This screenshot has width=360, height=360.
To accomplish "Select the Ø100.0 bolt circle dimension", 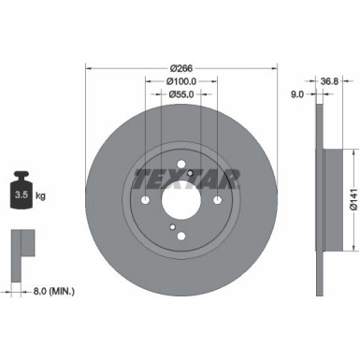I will [x=181, y=80].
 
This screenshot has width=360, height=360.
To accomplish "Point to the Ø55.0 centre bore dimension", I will [x=181, y=95].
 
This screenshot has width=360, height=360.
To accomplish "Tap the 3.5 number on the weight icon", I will [x=22, y=196].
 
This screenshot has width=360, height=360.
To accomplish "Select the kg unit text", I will [x=42, y=197].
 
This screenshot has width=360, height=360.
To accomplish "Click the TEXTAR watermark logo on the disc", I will [x=187, y=178].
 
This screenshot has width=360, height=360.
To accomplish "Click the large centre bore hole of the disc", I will [x=181, y=199].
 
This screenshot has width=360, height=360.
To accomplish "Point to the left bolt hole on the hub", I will [x=146, y=199].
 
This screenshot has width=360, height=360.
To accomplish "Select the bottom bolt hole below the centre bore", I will [x=181, y=235].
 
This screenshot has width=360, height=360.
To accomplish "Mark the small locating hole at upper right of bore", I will [x=192, y=174].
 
